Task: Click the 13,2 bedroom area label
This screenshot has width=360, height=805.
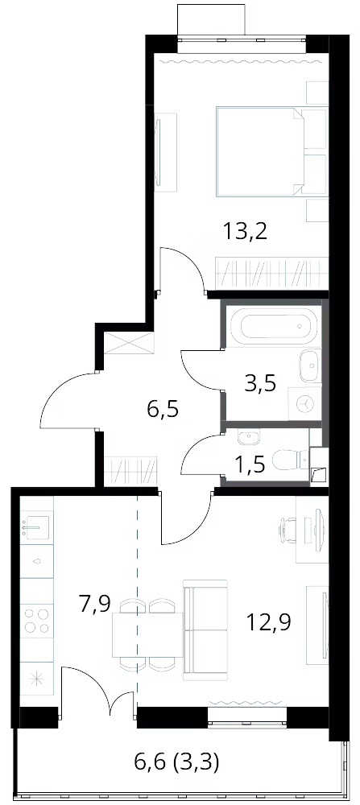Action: coord(246,232)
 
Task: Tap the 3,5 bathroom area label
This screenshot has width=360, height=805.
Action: coord(261,383)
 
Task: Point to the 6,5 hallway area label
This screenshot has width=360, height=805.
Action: coord(163,411)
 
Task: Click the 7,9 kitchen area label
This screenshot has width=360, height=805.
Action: coord(96,605)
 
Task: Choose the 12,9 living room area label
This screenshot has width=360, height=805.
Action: coord(269,622)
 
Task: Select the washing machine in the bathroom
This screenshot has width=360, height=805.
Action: coord(305,405)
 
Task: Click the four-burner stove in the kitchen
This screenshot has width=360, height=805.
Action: coord(37,620)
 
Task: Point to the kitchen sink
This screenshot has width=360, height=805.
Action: coord(37,526)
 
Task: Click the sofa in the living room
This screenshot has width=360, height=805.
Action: coord(205,627)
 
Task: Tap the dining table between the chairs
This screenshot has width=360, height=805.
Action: coord(148,634)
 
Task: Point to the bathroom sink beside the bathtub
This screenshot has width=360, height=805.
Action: coord(310,365)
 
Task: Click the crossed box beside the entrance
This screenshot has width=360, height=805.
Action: coord(130,343)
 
